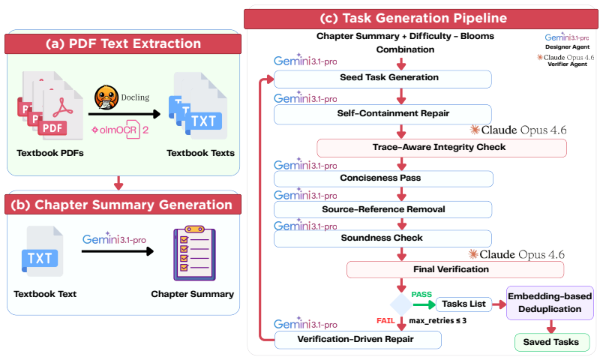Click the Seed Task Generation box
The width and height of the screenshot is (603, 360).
[x=382, y=79]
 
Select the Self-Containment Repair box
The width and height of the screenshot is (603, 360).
[x=382, y=114]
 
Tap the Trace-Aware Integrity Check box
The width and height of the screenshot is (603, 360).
[x=442, y=148]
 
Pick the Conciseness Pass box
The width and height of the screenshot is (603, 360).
[x=383, y=178]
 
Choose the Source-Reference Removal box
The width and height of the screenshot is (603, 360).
[x=383, y=209]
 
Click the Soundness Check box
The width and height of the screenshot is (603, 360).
[x=382, y=238]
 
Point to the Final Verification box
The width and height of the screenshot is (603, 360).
[x=455, y=269]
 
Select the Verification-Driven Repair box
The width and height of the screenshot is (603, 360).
[x=358, y=340]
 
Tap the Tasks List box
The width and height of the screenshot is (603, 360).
[x=463, y=304]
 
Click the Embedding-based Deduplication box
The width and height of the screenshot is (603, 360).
[x=550, y=303]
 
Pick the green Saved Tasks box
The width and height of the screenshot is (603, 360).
[x=552, y=342]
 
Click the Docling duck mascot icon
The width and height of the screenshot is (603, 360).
[x=106, y=97]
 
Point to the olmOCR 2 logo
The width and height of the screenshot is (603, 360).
[x=120, y=130]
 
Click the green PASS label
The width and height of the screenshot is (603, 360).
[x=421, y=295]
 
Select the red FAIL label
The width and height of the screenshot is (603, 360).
[x=385, y=321]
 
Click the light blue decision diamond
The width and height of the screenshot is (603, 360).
[x=401, y=304]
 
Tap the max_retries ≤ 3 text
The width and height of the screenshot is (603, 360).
[x=438, y=321]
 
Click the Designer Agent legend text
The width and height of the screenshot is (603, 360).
[x=567, y=47]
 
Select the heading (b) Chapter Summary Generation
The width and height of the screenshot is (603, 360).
[x=121, y=205]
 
